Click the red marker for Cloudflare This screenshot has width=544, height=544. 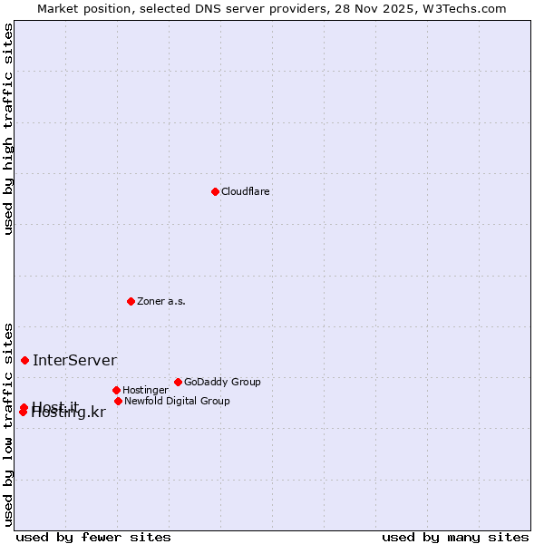(215, 191)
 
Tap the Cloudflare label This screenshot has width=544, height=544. (246, 191)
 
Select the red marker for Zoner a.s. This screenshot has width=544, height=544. (131, 301)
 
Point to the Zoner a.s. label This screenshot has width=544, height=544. (161, 301)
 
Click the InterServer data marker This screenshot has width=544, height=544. (24, 360)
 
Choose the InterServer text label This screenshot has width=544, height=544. (74, 360)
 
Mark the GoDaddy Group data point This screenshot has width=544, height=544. (178, 382)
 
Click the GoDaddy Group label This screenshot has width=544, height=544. (222, 382)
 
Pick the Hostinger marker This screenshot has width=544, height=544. (116, 390)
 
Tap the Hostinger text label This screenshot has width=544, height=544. (145, 391)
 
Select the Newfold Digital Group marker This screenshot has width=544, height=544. (118, 401)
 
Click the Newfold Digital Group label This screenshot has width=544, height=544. (177, 401)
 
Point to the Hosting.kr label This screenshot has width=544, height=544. (69, 413)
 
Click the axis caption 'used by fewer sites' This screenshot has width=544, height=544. (93, 537)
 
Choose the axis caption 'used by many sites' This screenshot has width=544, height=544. (455, 537)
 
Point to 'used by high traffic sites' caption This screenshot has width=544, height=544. (8, 129)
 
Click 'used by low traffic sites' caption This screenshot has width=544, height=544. (8, 423)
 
